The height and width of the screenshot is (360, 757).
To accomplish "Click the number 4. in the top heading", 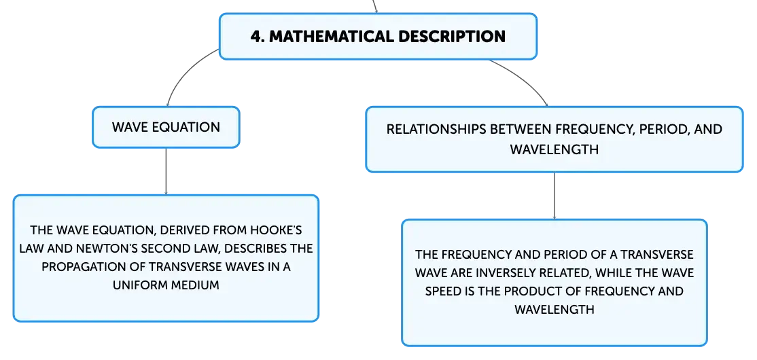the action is [258, 37].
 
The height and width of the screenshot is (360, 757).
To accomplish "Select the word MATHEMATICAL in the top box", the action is [336, 37].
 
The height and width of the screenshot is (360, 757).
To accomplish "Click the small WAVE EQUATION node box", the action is [166, 128].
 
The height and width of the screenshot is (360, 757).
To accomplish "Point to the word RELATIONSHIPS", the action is [438, 129].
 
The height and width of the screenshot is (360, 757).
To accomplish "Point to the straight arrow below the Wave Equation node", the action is [166, 171].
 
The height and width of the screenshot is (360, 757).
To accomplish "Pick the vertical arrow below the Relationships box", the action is [554, 196].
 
